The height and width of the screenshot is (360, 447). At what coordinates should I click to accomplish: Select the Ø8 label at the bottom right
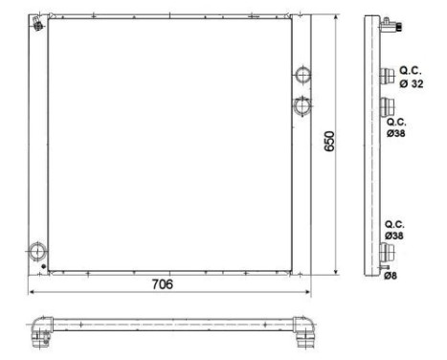(x=391, y=277)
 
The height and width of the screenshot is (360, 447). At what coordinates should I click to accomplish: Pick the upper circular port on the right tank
(x=301, y=73)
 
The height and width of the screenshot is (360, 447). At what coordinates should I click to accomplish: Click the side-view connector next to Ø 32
(x=388, y=77)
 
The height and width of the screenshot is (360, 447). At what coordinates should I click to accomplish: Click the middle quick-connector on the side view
(x=388, y=106)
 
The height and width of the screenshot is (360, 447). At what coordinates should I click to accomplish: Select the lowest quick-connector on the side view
(x=388, y=253)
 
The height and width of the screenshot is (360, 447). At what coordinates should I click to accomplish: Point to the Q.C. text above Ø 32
(x=411, y=71)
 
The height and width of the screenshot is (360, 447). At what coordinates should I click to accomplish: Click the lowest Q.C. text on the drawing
(x=395, y=222)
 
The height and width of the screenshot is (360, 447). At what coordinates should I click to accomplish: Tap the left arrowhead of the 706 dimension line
(x=34, y=293)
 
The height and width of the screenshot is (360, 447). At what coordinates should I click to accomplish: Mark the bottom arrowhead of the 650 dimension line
(x=337, y=272)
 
